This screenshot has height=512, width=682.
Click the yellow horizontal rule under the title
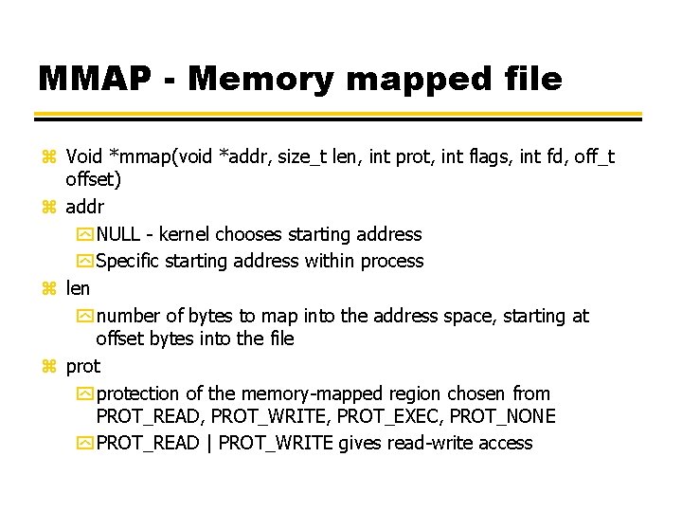click(x=338, y=116)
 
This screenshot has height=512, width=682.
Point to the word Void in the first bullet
click(x=84, y=155)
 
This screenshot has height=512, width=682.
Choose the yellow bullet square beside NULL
click(x=85, y=234)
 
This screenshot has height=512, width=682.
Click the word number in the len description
click(x=129, y=316)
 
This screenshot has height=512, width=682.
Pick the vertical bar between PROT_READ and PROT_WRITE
click(x=208, y=443)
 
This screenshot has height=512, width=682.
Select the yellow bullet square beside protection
click(x=85, y=393)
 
